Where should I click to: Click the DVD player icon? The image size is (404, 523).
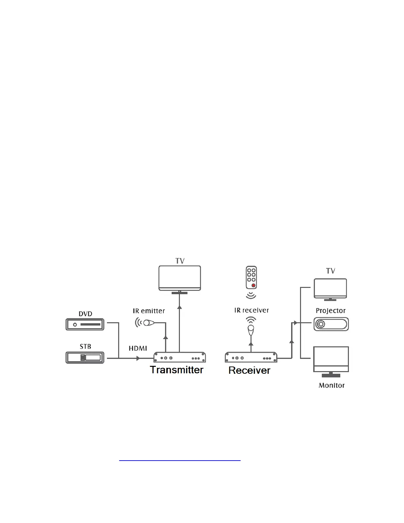coord(85,324)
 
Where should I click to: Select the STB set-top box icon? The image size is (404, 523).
coord(85,358)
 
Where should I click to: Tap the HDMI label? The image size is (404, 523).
coord(138,348)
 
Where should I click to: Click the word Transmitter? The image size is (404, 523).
coord(177,370)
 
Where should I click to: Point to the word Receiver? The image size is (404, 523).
coord(249,370)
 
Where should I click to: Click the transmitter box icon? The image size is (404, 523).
coord(180,358)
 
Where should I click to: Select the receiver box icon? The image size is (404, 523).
coord(251,358)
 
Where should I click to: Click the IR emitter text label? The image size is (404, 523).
coord(149,311)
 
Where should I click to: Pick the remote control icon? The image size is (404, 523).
coord(251,278)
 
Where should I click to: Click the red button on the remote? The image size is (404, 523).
coord(253,285)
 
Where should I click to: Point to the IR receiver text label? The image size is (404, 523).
coord(252,310)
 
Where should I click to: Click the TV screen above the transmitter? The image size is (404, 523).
coord(180,277)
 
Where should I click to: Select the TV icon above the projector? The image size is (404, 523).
coord(330,289)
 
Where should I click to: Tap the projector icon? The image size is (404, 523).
coord(331,324)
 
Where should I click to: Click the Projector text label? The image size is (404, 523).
coord(331,311)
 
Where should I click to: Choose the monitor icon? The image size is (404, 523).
coord(331,361)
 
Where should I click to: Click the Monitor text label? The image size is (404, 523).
coord(331,385)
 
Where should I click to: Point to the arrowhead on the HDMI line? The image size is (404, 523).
coord(138,358)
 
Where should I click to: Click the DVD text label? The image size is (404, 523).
coord(85,314)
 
